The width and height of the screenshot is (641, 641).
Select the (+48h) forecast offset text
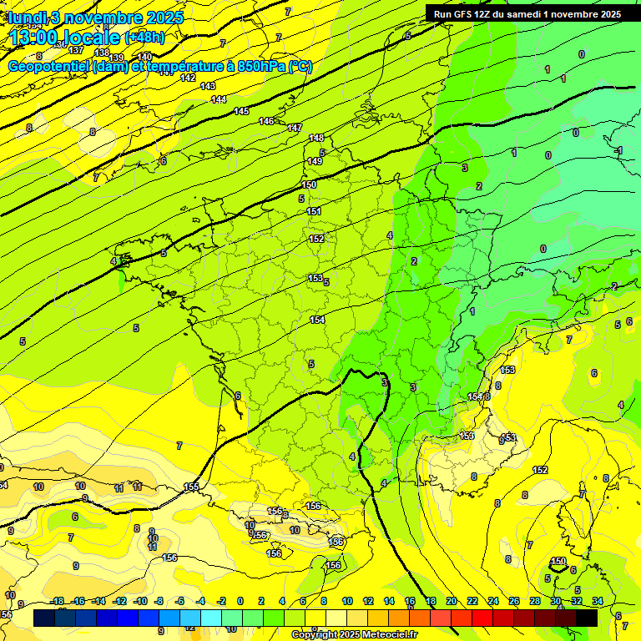coord(144,38)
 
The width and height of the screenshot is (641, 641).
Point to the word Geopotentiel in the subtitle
coord(49,67)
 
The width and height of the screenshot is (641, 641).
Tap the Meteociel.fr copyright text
coord(355,635)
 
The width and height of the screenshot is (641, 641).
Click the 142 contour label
coord(188,78)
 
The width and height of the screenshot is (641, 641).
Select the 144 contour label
coord(219,99)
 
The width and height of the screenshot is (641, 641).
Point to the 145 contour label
coord(241,111)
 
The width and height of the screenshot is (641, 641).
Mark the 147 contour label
coord(295,128)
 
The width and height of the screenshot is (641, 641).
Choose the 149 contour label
coord(314,161)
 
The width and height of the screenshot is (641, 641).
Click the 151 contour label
coord(314,211)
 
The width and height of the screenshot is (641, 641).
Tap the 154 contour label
coord(317,320)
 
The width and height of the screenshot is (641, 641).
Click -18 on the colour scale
coord(58,601)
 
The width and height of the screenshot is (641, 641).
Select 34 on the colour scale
coord(598,601)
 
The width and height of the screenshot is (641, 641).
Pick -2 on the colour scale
coord(221,601)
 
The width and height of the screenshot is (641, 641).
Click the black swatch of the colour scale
coord(587,618)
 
